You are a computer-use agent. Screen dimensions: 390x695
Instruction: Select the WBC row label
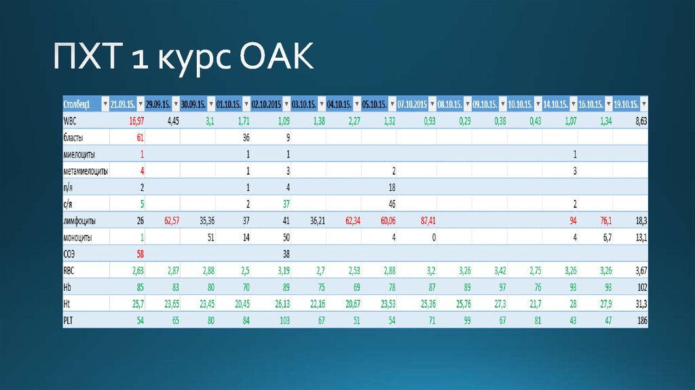tap(71, 120)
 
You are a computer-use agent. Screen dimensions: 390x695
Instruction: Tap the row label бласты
tap(74, 137)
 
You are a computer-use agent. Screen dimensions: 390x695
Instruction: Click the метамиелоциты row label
tap(85, 171)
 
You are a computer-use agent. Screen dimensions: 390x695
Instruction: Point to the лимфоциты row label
tap(79, 221)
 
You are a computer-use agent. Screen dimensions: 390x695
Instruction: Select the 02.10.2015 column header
tap(266, 104)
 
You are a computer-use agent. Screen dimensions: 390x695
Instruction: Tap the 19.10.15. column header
tap(626, 104)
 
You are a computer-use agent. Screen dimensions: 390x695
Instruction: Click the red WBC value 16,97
tap(136, 120)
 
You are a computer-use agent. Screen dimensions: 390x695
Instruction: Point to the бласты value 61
tap(140, 137)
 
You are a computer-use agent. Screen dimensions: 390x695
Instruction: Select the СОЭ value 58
tap(140, 254)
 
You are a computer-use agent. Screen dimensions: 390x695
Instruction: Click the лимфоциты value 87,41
tap(425, 221)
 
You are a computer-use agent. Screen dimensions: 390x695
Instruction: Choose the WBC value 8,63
tap(639, 120)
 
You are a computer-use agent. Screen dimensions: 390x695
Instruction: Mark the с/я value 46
tap(391, 204)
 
